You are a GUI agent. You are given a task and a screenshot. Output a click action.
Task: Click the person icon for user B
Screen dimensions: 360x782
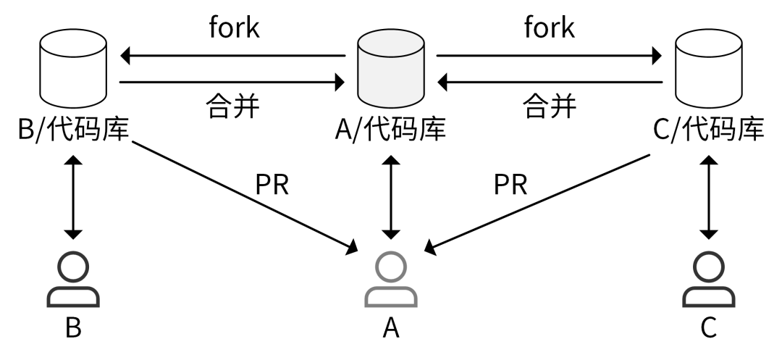[72, 280]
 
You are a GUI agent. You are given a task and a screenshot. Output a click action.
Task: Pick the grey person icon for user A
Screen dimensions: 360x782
[390, 280]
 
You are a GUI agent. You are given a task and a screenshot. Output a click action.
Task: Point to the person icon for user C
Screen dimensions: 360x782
[709, 280]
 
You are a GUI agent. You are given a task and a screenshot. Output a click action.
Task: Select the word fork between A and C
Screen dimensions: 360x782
[549, 28]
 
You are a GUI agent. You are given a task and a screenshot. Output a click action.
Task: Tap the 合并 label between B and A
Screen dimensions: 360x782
[231, 106]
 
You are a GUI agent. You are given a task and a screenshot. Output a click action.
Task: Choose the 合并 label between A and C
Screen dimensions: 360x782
[549, 106]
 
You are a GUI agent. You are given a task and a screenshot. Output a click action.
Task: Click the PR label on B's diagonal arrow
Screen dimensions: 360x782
[272, 185]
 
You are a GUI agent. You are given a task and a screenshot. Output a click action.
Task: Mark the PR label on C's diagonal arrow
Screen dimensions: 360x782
[511, 185]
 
